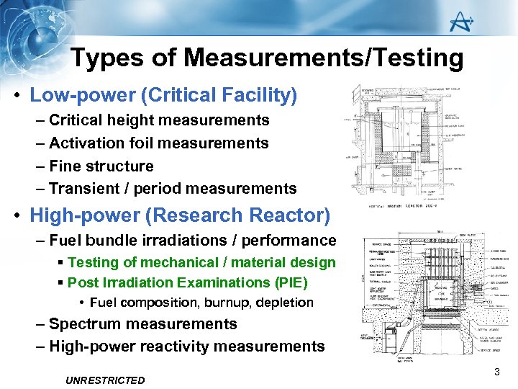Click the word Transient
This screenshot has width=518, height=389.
81,189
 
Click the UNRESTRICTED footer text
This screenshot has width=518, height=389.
104,380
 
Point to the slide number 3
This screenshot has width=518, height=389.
496,372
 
